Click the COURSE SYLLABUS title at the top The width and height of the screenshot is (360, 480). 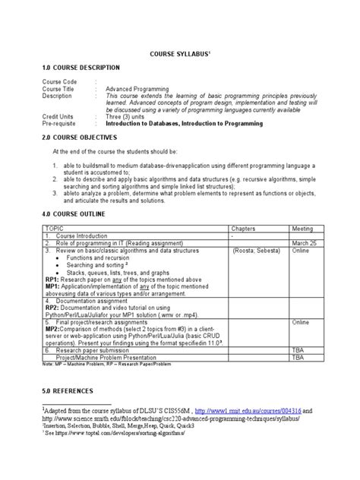[x=179, y=55]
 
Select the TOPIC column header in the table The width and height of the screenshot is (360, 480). [x=54, y=228]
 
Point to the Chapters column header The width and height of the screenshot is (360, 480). [x=245, y=228]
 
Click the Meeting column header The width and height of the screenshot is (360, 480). [x=302, y=228]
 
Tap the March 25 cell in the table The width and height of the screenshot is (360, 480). [x=304, y=242]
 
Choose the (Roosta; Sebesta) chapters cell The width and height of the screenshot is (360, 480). [x=257, y=250]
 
